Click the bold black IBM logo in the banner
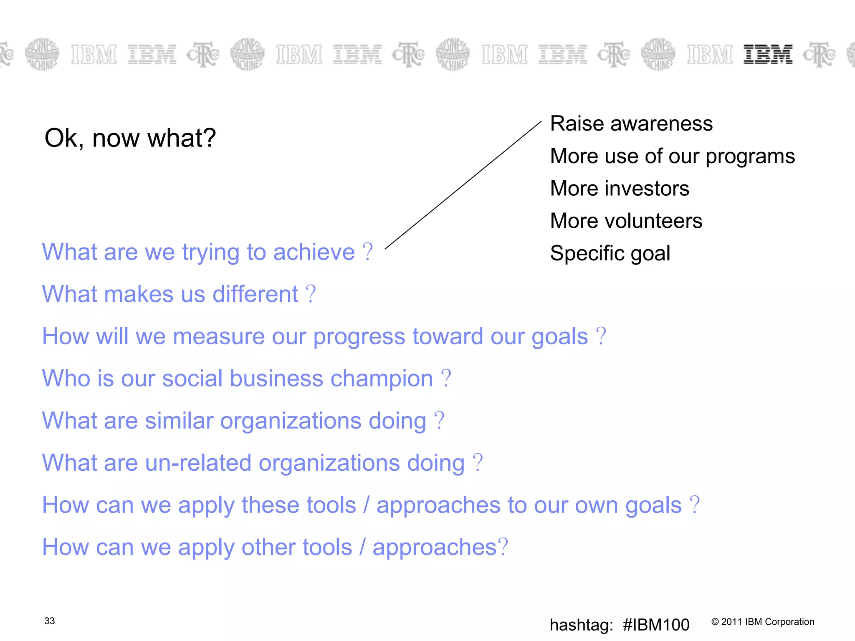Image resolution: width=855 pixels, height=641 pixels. pyautogui.click(x=767, y=55)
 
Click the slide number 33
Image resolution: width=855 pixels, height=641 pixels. pyautogui.click(x=49, y=621)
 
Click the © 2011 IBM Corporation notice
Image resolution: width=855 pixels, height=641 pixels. pyautogui.click(x=762, y=622)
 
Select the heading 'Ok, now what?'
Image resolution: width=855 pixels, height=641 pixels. pyautogui.click(x=130, y=138)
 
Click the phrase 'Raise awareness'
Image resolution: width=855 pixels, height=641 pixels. pyautogui.click(x=631, y=124)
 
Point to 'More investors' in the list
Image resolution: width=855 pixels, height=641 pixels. pyautogui.click(x=619, y=188)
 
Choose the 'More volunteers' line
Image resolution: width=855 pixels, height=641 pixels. pyautogui.click(x=626, y=221)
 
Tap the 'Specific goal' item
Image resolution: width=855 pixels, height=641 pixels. pyautogui.click(x=610, y=253)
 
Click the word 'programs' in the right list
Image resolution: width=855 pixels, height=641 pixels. pyautogui.click(x=750, y=156)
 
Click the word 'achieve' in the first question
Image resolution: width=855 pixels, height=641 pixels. pyautogui.click(x=314, y=252)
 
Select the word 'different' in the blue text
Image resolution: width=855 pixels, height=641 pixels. pyautogui.click(x=255, y=294)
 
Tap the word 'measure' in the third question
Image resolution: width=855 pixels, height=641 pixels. pyautogui.click(x=218, y=336)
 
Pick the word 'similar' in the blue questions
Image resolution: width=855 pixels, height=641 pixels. pyautogui.click(x=179, y=421)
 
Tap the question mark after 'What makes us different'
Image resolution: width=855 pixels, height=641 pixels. pyautogui.click(x=311, y=294)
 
